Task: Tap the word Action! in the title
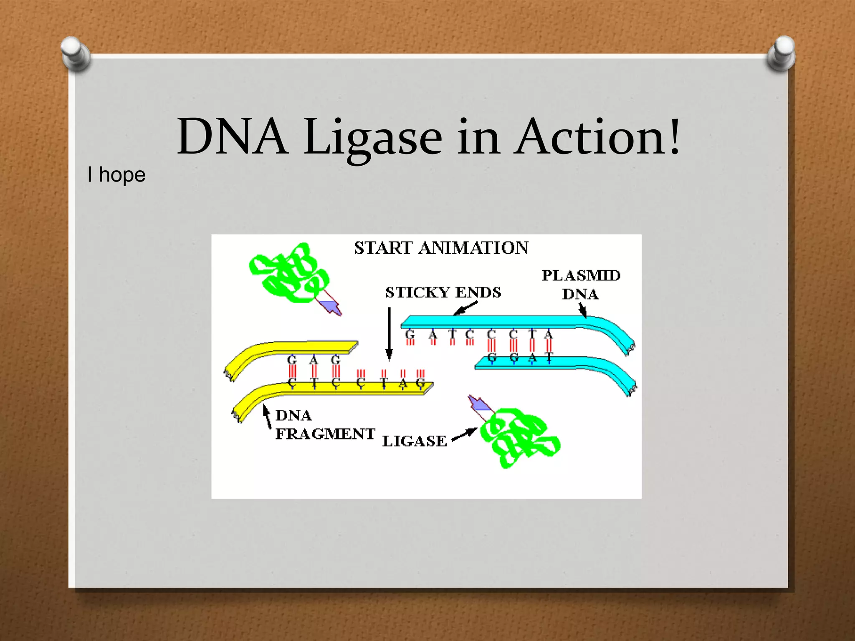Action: [597, 137]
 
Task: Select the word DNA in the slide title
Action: [232, 137]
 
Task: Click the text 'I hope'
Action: [116, 174]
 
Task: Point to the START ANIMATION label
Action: [441, 248]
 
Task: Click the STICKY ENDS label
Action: [443, 292]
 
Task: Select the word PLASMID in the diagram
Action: [581, 275]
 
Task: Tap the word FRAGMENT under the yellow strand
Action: [325, 434]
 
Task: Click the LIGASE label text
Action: [415, 441]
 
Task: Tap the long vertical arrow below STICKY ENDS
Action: [389, 334]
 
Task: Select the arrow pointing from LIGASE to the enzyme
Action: [464, 434]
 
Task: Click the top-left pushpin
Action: [75, 53]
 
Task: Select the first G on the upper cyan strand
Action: [410, 334]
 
